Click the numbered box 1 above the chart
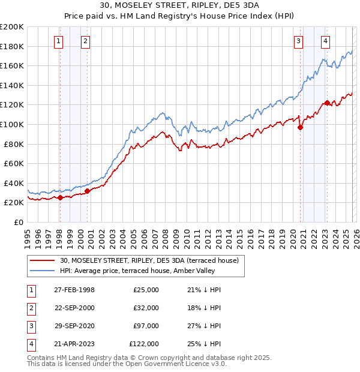click(x=59, y=41)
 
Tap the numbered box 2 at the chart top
click(x=86, y=41)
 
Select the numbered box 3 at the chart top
click(x=298, y=41)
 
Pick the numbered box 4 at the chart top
click(x=325, y=41)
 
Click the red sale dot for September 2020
click(x=301, y=127)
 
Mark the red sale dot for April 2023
click(x=327, y=103)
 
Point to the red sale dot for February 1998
click(x=60, y=197)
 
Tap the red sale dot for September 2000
click(x=88, y=191)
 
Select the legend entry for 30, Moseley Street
click(x=149, y=260)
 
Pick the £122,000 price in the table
click(x=144, y=344)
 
